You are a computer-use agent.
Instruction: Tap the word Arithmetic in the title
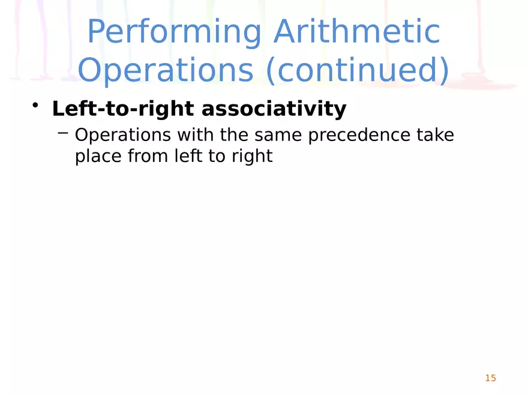tap(356, 33)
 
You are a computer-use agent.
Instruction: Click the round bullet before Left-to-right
tap(36, 106)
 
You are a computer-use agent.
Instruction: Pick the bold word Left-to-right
tap(122, 109)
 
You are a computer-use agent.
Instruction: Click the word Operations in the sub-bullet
tap(122, 136)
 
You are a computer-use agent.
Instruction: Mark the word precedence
tap(359, 136)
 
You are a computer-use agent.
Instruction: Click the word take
tap(436, 136)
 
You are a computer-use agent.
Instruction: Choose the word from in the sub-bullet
tap(143, 157)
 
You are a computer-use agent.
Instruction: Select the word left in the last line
tap(182, 157)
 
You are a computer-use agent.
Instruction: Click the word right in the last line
tap(253, 157)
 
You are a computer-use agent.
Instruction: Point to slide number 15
tap(490, 378)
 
